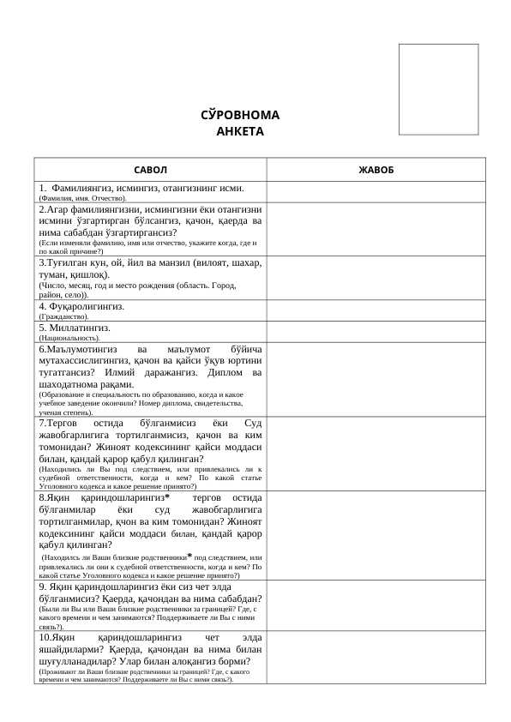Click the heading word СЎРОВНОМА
point(240,115)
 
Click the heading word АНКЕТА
point(240,131)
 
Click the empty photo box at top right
point(438,89)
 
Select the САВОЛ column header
point(150,170)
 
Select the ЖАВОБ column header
point(376,170)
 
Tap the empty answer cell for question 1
point(376,192)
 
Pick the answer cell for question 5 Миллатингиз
point(376,332)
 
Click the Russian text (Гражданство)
point(63,316)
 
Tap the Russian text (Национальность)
point(69,338)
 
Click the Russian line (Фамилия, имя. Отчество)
point(82,198)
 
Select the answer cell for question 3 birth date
point(376,278)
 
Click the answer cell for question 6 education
point(376,380)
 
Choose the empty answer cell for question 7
point(376,454)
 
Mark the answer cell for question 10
point(376,657)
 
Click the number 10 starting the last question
point(45,638)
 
